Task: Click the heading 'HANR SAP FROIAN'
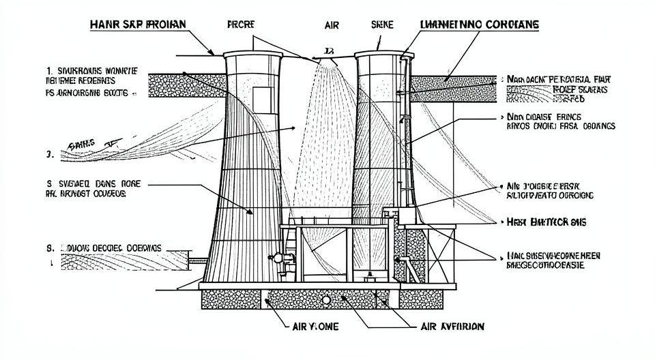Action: (138, 24)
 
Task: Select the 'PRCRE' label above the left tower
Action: (239, 24)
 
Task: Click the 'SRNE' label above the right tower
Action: (382, 24)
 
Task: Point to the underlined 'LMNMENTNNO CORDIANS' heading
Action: (478, 24)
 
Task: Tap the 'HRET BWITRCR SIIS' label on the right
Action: (547, 222)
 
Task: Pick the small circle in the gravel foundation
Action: (326, 299)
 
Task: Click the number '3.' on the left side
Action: (49, 155)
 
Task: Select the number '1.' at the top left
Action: (50, 70)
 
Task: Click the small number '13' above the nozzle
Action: (329, 50)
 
